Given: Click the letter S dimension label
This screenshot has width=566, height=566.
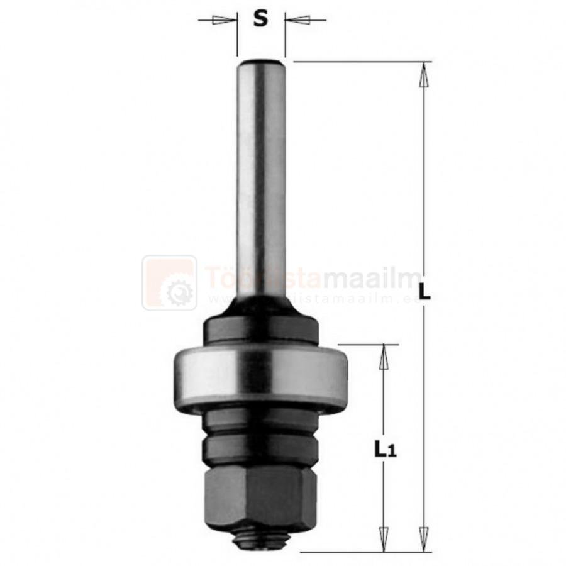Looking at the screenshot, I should pos(260,19).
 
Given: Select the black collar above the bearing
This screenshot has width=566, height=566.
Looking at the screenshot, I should pos(260,330).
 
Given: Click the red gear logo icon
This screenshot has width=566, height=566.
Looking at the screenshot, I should pos(169,283).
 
